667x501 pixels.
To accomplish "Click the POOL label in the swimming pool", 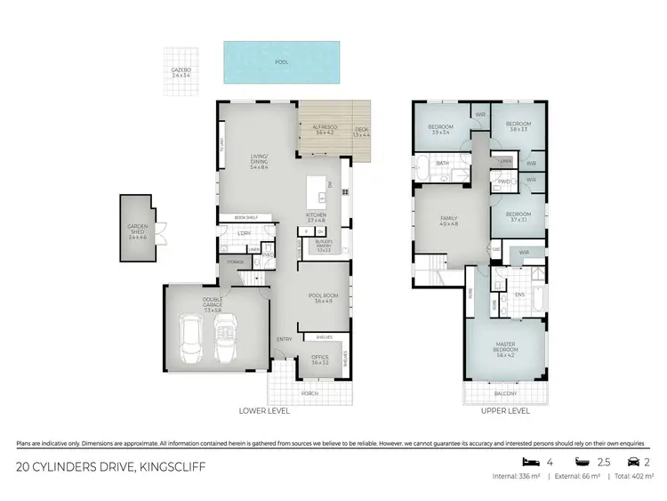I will (283, 63).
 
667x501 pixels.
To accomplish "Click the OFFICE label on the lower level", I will (320, 360).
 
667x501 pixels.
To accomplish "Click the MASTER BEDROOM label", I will (504, 352).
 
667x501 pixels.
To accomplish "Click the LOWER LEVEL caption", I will (265, 411).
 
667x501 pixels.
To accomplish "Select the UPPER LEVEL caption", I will (504, 411).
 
